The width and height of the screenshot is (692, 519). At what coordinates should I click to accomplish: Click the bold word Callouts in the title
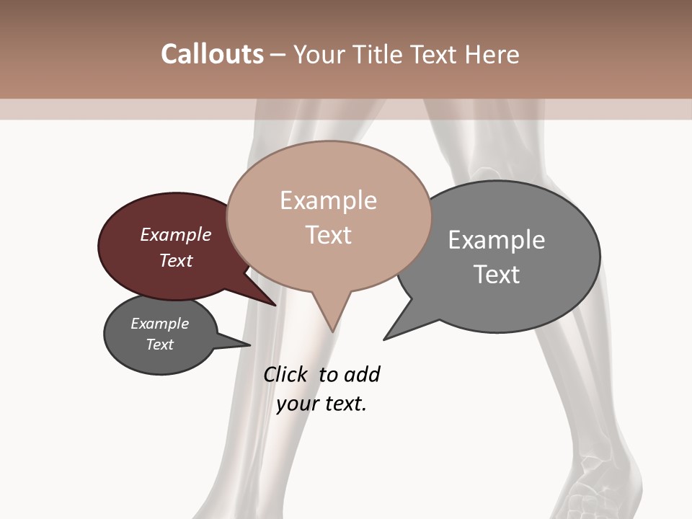click(x=212, y=54)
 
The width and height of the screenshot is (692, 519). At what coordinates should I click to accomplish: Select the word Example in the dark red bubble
click(x=176, y=234)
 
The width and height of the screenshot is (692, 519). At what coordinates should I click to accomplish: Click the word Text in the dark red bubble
click(x=176, y=260)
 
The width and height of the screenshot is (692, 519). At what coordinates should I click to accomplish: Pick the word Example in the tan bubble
click(x=328, y=200)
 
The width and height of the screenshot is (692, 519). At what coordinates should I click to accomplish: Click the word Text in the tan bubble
click(x=328, y=235)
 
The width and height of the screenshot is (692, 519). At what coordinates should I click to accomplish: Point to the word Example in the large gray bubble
click(x=497, y=240)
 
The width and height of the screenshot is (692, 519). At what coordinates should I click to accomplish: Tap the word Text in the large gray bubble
click(x=497, y=275)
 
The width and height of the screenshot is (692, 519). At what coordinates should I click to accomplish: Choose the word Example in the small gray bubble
click(x=160, y=324)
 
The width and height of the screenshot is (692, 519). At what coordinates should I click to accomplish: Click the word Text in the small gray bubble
click(x=160, y=345)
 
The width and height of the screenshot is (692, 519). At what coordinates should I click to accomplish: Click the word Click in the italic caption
click(x=286, y=374)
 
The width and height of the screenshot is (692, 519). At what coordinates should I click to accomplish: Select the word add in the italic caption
click(x=362, y=374)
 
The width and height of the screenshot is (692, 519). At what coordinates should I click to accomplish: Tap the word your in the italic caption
click(x=296, y=404)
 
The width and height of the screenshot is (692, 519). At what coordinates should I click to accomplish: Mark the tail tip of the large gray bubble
click(x=385, y=338)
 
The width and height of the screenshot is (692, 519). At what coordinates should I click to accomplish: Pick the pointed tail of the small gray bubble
click(x=249, y=345)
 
